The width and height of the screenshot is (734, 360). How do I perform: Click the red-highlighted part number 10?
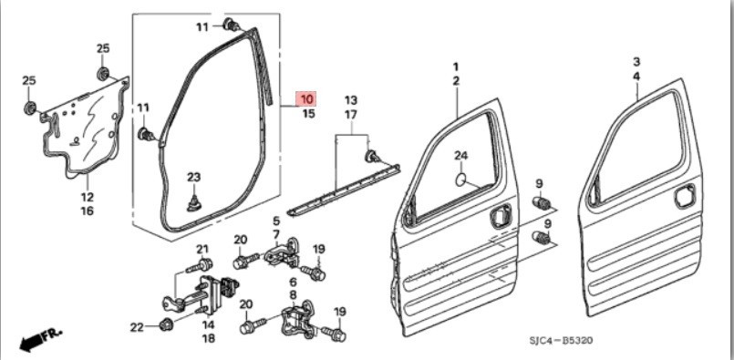tap(306, 99)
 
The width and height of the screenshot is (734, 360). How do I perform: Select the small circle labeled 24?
tap(461, 179)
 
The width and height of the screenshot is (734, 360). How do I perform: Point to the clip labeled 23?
tap(195, 202)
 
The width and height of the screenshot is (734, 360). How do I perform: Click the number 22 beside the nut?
tap(137, 328)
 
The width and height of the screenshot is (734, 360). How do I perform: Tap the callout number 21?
tap(202, 249)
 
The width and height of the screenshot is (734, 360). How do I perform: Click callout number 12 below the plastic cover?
tap(87, 197)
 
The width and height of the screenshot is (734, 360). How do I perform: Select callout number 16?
tap(87, 211)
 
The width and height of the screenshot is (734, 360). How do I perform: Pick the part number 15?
tap(308, 114)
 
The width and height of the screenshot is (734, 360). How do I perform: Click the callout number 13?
tap(351, 100)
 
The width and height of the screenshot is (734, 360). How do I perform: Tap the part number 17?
tap(351, 114)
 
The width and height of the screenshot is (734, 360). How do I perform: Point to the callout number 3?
tap(636, 62)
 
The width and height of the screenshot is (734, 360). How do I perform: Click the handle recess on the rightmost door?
tap(685, 196)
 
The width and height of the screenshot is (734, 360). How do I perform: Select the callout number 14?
tap(208, 324)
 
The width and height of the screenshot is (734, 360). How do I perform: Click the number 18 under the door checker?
tap(208, 339)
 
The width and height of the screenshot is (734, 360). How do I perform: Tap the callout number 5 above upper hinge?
tap(276, 220)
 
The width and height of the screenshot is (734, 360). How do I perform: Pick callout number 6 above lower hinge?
tap(294, 282)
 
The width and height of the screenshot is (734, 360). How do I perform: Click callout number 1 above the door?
tap(456, 67)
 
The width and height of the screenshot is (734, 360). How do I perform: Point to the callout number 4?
tap(636, 77)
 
